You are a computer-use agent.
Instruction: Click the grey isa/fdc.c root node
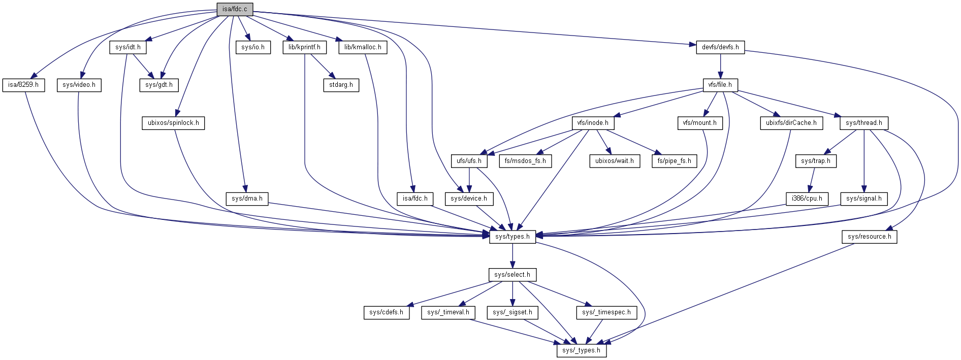(234, 9)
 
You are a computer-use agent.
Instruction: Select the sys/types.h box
(512, 237)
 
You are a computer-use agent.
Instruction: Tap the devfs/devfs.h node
(720, 47)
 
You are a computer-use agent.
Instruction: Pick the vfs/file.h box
(720, 85)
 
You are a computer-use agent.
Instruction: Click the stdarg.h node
(341, 85)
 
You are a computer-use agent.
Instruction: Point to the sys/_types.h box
(581, 350)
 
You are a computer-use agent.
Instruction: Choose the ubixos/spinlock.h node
(173, 123)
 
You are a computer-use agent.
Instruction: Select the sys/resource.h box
(869, 237)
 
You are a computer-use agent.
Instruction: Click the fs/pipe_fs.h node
(674, 161)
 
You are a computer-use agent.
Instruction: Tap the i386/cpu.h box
(807, 199)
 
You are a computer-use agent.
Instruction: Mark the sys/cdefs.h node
(386, 312)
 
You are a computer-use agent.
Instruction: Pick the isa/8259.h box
(23, 85)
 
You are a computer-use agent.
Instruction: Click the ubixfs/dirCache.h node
(791, 123)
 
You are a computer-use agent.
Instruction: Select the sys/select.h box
(512, 275)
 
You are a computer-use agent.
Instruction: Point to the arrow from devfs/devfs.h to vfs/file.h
(720, 66)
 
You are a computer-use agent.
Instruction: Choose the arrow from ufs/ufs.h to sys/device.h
(469, 180)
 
